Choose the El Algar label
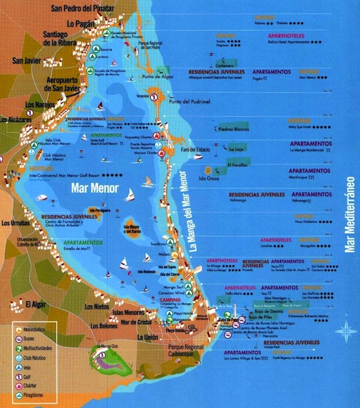37,303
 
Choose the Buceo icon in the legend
17,339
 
